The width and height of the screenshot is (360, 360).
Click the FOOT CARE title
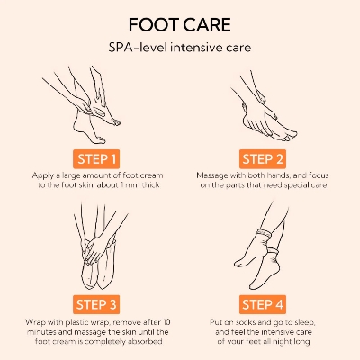pyautogui.click(x=180, y=22)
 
